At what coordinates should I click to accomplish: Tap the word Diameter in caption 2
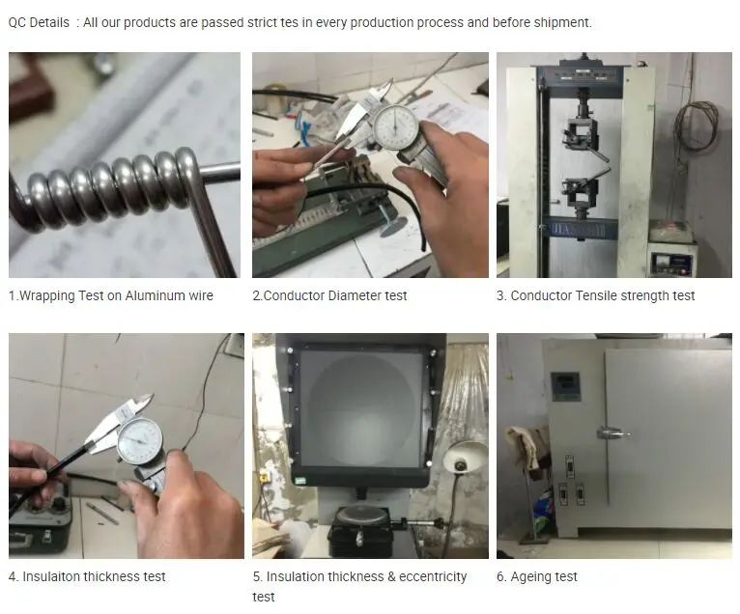pos(355,295)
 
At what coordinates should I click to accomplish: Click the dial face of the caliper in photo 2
pos(395,126)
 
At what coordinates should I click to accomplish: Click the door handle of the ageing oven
pos(612,433)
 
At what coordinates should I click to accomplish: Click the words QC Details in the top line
pos(39,22)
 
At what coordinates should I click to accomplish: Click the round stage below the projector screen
pos(361,515)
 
